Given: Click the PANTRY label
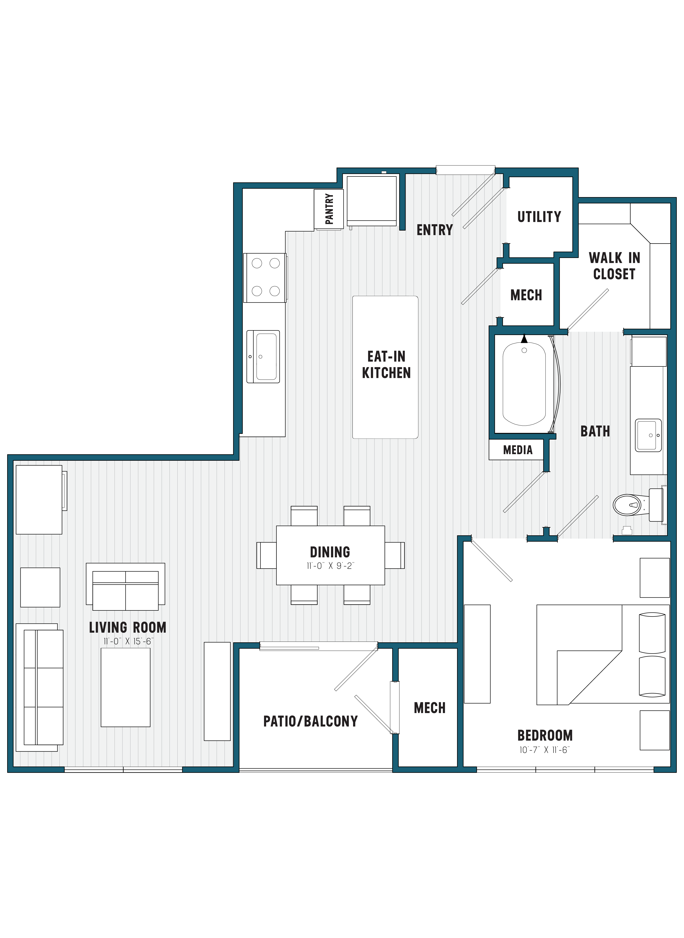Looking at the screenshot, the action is coord(329,209).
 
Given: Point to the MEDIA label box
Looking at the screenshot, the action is coord(517,450).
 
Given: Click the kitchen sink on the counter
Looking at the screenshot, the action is coord(263,356).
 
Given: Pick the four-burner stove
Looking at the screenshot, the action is coord(265,277).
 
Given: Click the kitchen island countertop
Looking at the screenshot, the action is coord(385,367).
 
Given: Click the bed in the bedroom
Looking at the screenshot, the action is coord(603,655).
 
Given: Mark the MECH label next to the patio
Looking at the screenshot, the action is coord(429,708).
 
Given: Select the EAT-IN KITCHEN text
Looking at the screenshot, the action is coord(386,365).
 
